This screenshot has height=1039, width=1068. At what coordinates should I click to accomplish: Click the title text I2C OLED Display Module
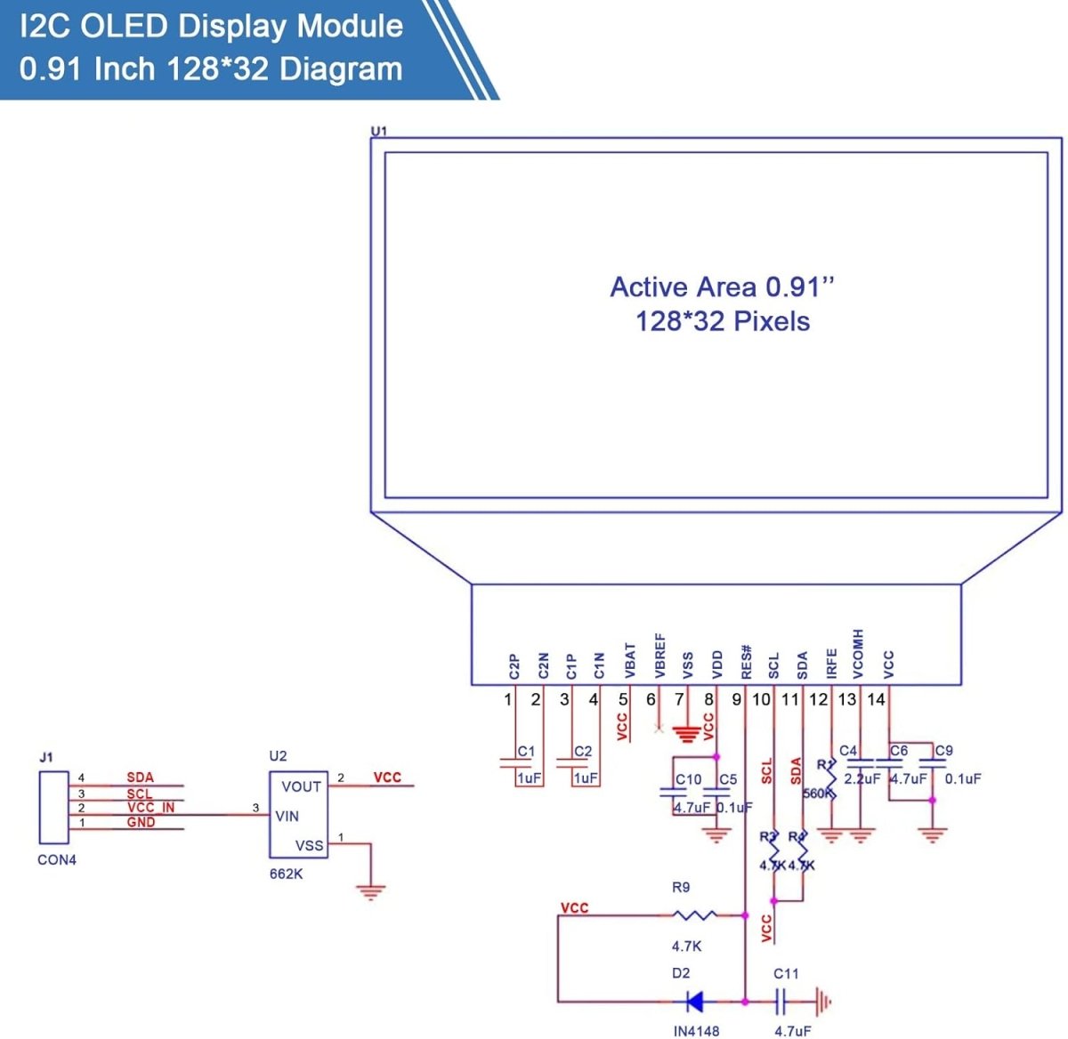[211, 26]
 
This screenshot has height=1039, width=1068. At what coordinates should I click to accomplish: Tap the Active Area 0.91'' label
[722, 287]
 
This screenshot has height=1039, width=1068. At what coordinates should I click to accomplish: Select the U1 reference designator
[379, 131]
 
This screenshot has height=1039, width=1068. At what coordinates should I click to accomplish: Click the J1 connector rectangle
[53, 808]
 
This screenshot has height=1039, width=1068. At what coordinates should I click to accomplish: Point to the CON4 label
[57, 860]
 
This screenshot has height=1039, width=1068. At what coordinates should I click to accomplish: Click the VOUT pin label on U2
[301, 786]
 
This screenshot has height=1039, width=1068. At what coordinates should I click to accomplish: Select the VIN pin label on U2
[287, 816]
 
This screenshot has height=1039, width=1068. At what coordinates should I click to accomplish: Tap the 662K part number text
[286, 874]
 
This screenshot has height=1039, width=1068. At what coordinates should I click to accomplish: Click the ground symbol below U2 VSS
[370, 890]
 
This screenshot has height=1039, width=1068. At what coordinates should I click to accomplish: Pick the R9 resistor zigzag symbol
[694, 914]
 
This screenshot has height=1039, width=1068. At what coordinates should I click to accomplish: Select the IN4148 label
[696, 1031]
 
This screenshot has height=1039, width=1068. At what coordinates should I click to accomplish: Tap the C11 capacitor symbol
[781, 1002]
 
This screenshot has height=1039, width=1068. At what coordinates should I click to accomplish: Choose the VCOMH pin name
[858, 655]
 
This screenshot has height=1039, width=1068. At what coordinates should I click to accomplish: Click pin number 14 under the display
[876, 699]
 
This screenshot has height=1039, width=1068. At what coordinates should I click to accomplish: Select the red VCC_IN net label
[150, 807]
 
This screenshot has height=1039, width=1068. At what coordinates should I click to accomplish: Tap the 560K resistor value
[816, 793]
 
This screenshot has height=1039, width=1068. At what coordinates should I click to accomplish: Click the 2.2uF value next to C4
[862, 778]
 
